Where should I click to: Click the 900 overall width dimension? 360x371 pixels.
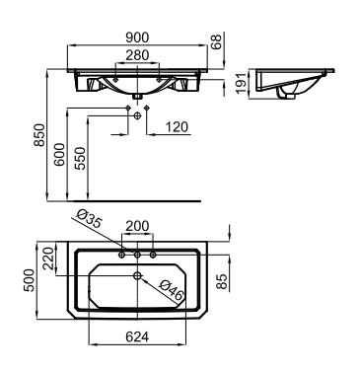(137, 37)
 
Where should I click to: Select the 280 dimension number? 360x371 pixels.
(137, 55)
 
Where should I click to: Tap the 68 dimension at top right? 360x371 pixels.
(217, 41)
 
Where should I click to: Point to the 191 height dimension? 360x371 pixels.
(242, 84)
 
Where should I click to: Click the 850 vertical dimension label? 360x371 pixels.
(39, 135)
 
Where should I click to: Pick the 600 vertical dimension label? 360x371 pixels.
(59, 154)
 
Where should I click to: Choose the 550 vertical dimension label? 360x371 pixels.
(80, 159)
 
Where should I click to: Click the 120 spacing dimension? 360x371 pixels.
(177, 126)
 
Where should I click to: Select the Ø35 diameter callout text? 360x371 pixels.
(88, 219)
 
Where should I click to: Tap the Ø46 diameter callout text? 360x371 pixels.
(171, 290)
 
